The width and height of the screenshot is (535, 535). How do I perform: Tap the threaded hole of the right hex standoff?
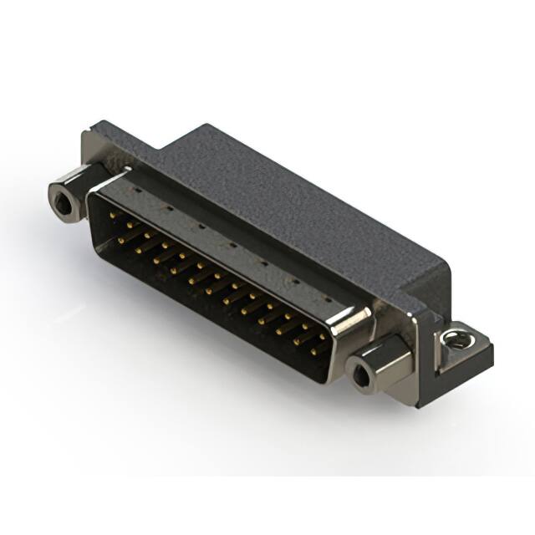(359, 375)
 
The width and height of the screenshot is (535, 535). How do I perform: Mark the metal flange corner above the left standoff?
(94, 144)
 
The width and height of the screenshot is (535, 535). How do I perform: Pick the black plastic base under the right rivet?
(464, 359)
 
